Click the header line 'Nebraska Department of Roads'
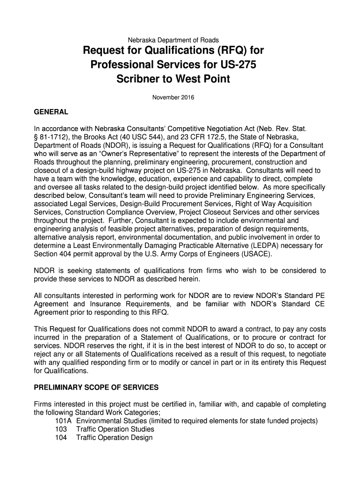coord(180,40)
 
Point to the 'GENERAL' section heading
coord(51,113)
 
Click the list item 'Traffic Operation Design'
coord(115,438)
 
